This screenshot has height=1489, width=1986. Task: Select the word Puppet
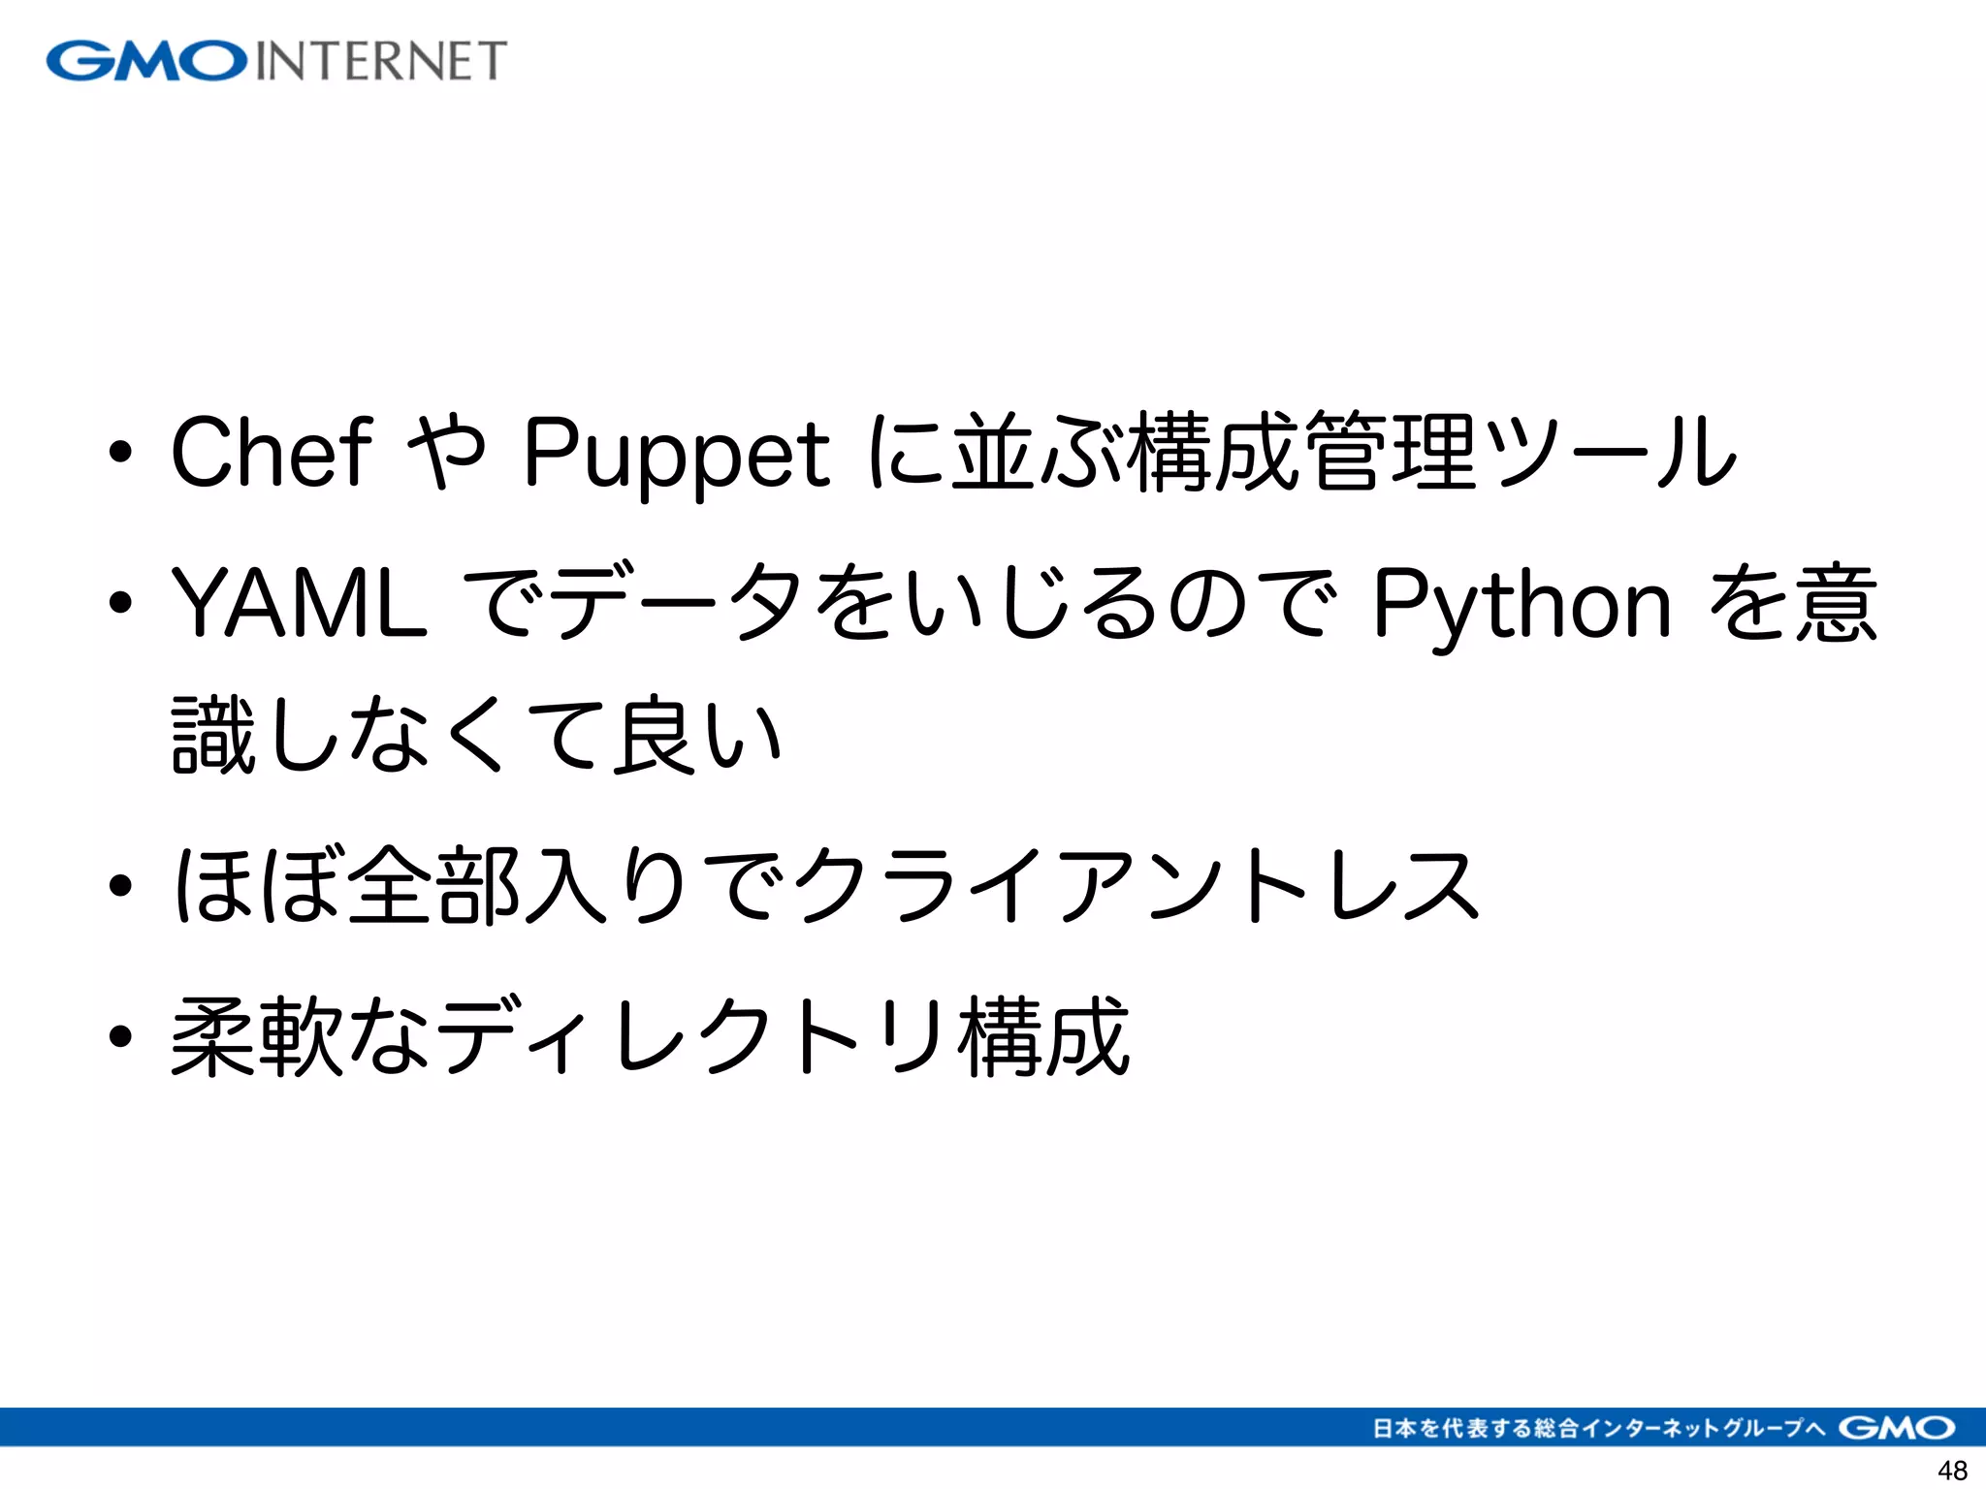pyautogui.click(x=676, y=454)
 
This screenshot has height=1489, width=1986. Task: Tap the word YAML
pyautogui.click(x=299, y=603)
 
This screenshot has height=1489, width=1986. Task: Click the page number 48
pyautogui.click(x=1952, y=1470)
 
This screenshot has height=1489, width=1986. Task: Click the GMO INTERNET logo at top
pyautogui.click(x=276, y=60)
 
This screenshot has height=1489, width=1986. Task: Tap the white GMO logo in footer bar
pyautogui.click(x=1896, y=1427)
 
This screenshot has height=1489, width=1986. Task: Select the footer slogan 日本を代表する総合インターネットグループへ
pyautogui.click(x=1599, y=1428)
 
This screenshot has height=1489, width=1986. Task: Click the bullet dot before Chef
pyautogui.click(x=120, y=452)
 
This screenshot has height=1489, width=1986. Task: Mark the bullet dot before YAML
pyautogui.click(x=120, y=603)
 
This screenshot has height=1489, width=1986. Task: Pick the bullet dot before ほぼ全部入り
pyautogui.click(x=120, y=884)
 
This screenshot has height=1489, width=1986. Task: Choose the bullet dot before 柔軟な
pyautogui.click(x=120, y=1035)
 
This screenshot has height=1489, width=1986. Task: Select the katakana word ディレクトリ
pyautogui.click(x=690, y=1035)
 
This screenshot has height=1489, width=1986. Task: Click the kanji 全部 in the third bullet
pyautogui.click(x=432, y=884)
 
